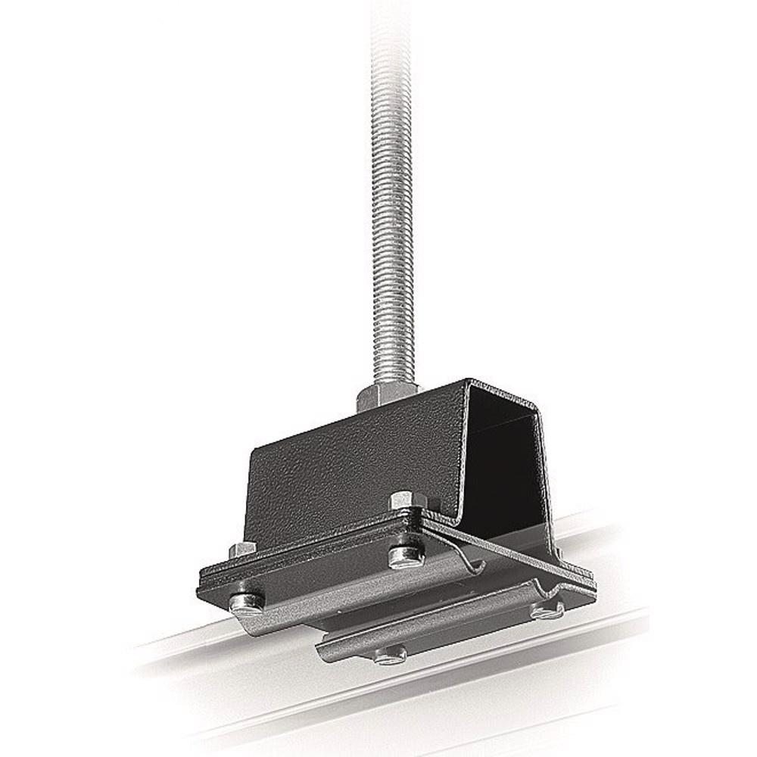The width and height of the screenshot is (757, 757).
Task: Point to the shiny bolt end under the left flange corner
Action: coord(247,603)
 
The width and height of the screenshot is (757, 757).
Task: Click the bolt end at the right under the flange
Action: coord(547,609)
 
